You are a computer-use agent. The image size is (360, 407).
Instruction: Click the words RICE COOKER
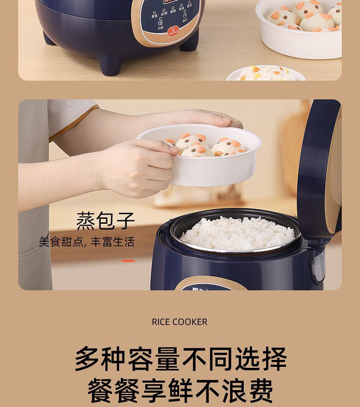pyautogui.click(x=180, y=322)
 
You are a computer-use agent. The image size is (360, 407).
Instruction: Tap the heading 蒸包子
pyautogui.click(x=105, y=221)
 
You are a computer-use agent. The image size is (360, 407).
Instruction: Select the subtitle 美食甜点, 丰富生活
pyautogui.click(x=87, y=242)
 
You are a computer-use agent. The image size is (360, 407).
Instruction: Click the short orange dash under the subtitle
pyautogui.click(x=128, y=261)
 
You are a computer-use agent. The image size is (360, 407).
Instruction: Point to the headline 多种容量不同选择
pyautogui.click(x=180, y=359)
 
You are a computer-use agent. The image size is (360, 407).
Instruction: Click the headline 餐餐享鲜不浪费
pyautogui.click(x=180, y=390)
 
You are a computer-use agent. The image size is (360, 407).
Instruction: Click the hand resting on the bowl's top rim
pyautogui.click(x=214, y=119)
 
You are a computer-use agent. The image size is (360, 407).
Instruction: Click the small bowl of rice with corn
pyautogui.click(x=264, y=73)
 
